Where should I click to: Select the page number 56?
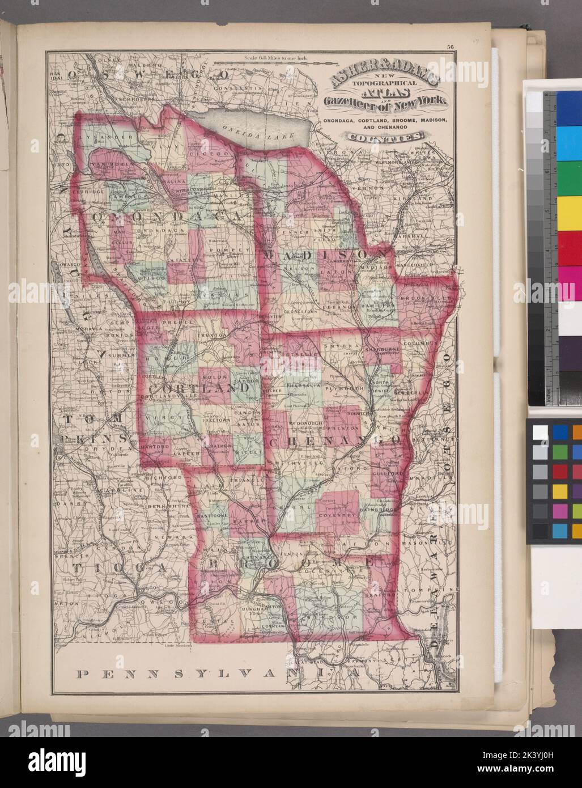tap(450, 47)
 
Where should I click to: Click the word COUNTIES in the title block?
tap(385, 136)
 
